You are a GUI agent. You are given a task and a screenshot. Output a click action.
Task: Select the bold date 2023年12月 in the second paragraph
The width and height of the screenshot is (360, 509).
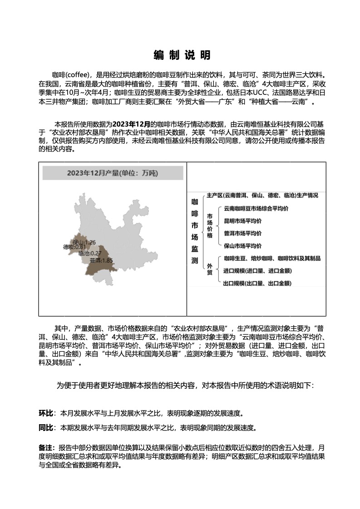click(131, 123)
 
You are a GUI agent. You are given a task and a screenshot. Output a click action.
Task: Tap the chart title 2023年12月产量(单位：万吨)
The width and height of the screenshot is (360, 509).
click(113, 173)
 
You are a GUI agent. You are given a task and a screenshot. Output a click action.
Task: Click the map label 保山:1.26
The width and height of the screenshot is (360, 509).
click(84, 242)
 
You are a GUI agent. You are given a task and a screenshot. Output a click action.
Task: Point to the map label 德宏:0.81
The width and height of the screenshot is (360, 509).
click(74, 247)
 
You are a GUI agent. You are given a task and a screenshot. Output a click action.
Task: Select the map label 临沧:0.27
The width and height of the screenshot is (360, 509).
click(90, 254)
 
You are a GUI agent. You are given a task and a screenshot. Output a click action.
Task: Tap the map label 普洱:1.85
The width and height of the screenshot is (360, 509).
click(101, 260)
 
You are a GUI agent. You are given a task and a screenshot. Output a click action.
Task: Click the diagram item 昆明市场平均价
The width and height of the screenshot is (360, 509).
click(242, 221)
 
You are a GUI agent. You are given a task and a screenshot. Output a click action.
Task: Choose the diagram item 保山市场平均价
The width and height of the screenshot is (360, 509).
click(242, 246)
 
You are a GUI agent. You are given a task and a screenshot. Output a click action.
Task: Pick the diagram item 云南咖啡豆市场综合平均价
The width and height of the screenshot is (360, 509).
click(256, 209)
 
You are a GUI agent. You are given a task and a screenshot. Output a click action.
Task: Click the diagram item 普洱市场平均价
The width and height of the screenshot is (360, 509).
click(242, 233)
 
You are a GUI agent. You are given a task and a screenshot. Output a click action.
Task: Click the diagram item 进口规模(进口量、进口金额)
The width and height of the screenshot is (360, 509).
click(257, 271)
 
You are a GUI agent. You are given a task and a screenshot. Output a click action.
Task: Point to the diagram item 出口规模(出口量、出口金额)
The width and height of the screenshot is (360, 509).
click(257, 283)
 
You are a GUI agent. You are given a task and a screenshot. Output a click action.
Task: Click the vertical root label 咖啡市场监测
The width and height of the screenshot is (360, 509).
click(195, 231)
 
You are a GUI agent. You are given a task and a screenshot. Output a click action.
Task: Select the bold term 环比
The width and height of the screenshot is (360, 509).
click(46, 413)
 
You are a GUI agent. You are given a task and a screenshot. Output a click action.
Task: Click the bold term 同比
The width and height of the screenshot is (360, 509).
click(46, 427)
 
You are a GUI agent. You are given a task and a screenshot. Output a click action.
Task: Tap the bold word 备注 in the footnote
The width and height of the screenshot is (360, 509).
click(47, 447)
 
